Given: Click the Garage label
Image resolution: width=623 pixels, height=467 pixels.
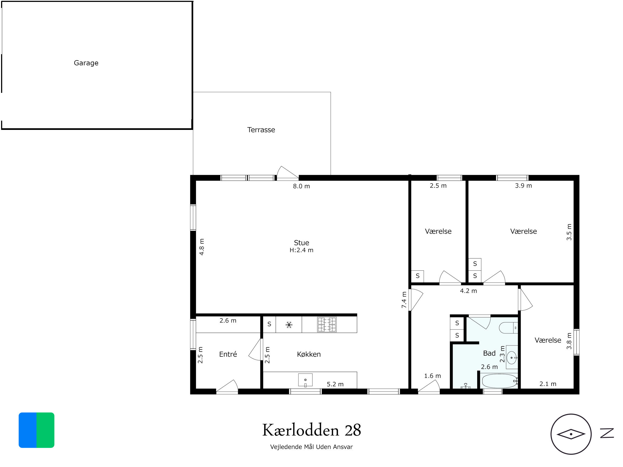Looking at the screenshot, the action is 86,63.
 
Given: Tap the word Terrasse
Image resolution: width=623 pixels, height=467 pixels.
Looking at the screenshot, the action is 261,130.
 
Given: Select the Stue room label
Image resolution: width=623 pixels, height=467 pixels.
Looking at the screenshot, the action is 301,243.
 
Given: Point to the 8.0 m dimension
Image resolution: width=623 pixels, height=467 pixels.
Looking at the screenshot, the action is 301,186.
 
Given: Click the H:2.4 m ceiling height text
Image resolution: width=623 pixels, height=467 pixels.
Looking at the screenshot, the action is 301,250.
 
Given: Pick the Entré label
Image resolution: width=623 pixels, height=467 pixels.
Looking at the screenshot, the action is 228,354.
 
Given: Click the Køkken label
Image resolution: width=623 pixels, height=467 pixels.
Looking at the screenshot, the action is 309,354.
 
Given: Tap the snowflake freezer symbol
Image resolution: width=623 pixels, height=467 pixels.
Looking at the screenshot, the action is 289,325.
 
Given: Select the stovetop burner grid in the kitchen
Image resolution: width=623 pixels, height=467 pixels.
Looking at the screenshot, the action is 327,325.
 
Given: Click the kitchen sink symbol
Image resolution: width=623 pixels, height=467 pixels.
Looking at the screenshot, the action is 305,380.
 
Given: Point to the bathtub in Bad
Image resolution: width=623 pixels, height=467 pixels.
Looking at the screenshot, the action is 499,381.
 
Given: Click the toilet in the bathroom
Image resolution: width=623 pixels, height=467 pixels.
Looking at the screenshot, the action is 508,328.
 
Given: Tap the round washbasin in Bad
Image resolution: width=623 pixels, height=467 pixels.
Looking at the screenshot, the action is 512,358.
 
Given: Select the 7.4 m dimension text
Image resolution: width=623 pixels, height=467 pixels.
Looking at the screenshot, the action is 404,300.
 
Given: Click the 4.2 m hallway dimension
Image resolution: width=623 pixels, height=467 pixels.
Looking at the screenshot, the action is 468,291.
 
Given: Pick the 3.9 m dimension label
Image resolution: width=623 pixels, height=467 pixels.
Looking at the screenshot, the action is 523,185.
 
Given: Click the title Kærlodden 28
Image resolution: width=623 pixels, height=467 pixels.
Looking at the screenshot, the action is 311,430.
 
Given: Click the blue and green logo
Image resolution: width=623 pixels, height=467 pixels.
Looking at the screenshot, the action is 36,430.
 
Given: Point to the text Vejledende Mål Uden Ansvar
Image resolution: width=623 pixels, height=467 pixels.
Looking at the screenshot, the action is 311,447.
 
